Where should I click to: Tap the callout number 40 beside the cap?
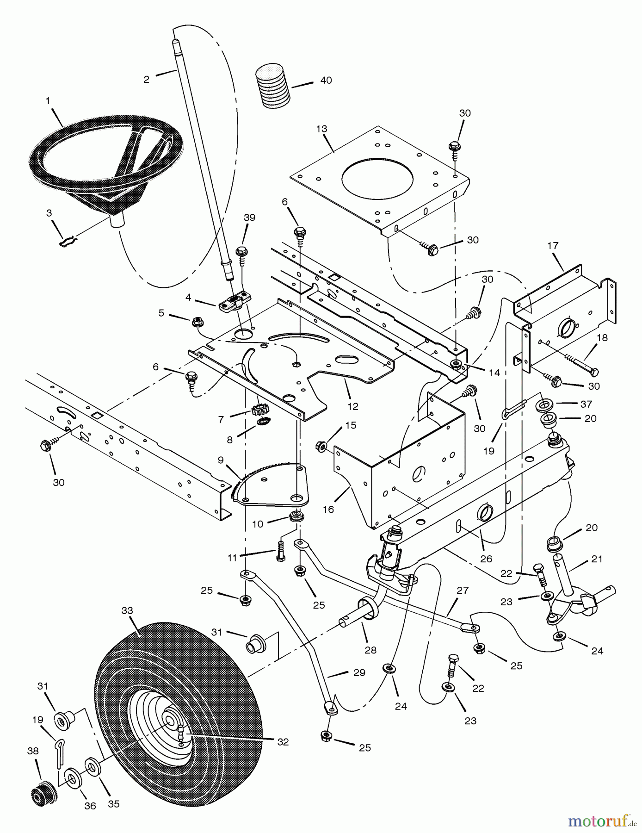[326, 80]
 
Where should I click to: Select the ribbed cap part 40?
[273, 87]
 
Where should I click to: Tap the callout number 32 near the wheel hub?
[283, 742]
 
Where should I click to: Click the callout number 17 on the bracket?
[553, 246]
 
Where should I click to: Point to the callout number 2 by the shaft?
[146, 79]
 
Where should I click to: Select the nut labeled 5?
[195, 321]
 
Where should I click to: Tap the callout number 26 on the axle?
[486, 559]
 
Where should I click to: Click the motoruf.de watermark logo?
[600, 821]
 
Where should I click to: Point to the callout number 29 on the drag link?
[359, 673]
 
